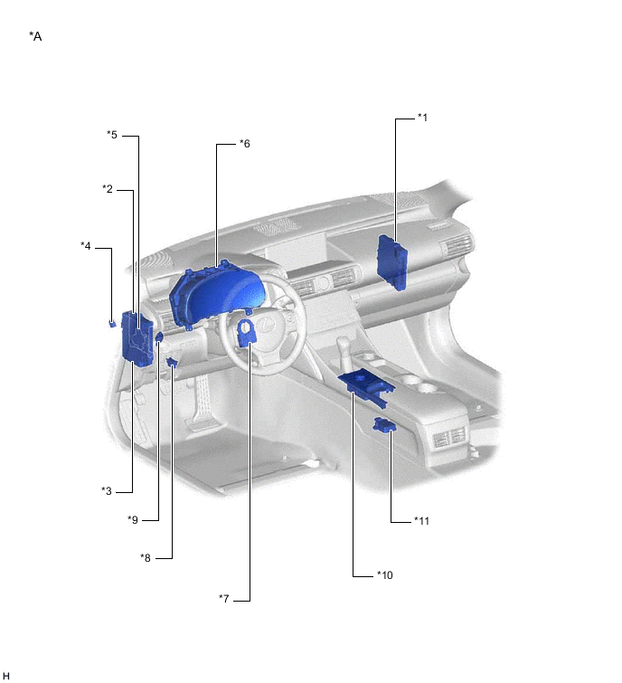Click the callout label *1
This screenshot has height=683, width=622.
[422, 118]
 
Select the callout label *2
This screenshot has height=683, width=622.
[108, 189]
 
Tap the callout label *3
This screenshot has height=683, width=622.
[106, 490]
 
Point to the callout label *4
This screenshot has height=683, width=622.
[86, 245]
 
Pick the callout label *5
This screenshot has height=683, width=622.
[112, 136]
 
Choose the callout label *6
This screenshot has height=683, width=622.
[244, 144]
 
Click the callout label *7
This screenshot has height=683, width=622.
[226, 599]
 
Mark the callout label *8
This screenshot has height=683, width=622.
[146, 557]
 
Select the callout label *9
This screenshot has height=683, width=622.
[133, 519]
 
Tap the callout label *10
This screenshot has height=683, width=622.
[385, 574]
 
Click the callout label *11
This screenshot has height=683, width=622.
[421, 520]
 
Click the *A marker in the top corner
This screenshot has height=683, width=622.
[35, 36]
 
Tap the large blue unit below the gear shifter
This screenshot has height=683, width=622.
[366, 384]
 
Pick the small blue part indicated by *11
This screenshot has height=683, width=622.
[383, 426]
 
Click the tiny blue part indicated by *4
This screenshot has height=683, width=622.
[111, 322]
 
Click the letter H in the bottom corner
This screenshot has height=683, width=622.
[6, 675]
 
